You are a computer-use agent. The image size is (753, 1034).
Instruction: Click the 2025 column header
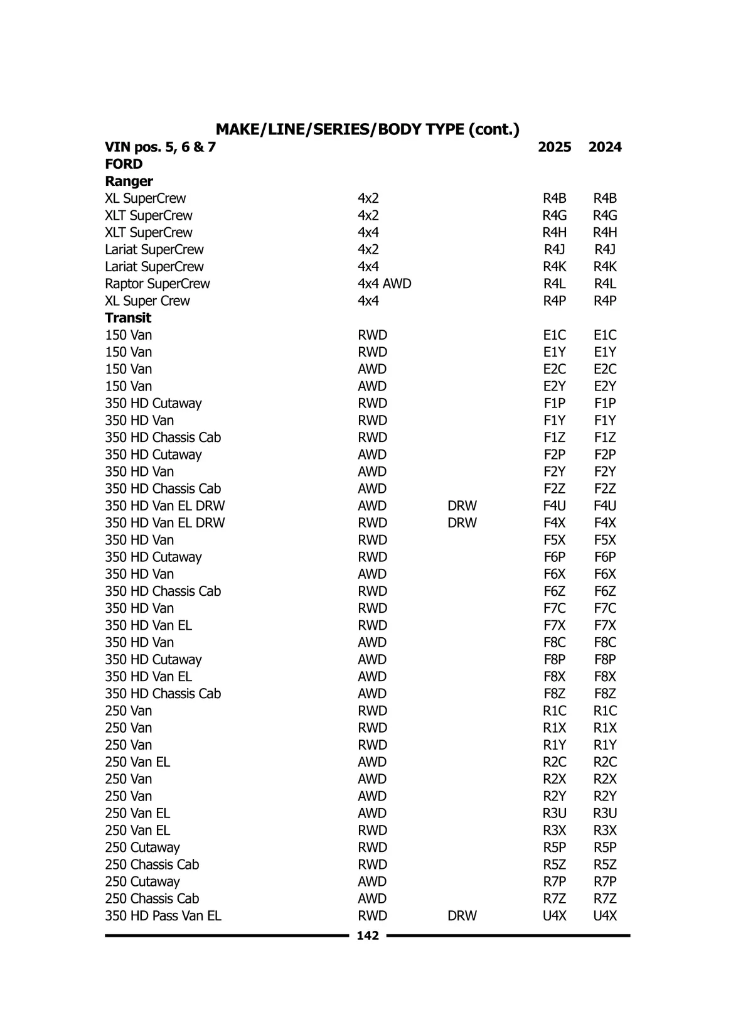(x=554, y=147)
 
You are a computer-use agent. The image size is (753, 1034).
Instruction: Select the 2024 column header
(x=605, y=147)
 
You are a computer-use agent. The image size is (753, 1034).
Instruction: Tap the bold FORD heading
(x=124, y=164)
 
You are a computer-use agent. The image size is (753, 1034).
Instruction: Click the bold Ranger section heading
(x=129, y=181)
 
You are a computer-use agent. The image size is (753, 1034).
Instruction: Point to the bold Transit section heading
(x=128, y=318)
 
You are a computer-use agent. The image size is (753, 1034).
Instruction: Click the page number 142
(x=368, y=935)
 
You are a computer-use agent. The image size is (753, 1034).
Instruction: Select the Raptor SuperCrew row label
(x=157, y=284)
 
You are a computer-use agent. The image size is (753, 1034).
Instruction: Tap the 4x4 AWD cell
(x=384, y=284)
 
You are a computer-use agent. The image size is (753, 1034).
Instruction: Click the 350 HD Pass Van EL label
(x=163, y=916)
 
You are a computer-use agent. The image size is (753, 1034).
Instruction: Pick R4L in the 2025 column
(x=554, y=284)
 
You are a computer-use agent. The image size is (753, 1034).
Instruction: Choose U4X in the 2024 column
(x=605, y=916)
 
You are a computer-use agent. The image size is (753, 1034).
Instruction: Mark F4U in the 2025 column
(x=554, y=505)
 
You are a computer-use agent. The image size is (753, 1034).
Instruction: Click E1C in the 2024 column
(x=605, y=335)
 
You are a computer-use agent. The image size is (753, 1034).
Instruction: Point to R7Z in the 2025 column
(x=554, y=898)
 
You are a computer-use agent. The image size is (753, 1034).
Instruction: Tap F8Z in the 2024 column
(x=605, y=694)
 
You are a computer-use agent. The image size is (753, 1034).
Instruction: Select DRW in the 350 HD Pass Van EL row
(x=462, y=916)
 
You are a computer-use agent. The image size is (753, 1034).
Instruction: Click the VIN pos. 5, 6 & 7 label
(x=160, y=147)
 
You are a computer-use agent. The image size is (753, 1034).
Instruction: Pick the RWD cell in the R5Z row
(x=372, y=864)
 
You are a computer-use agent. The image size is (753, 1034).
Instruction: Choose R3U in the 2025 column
(x=554, y=813)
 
